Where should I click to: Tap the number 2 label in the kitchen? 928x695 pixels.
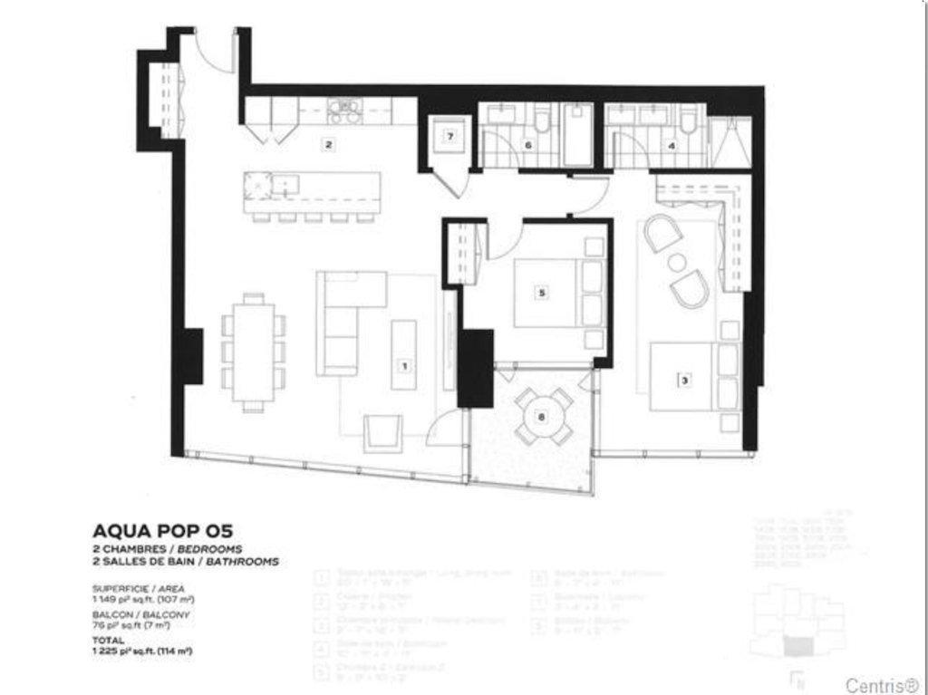point(329,144)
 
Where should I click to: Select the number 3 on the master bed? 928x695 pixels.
point(684,381)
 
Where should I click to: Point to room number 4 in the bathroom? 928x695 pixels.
point(672,144)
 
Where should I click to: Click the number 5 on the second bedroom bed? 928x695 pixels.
point(541,293)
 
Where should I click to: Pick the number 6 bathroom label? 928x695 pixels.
point(527,144)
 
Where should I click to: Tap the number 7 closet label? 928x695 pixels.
point(448,138)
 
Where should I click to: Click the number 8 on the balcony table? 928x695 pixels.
point(541,417)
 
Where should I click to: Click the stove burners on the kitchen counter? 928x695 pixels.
point(344,111)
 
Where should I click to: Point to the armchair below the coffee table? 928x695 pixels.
point(382,432)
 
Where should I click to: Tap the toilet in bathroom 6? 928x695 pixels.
point(543,121)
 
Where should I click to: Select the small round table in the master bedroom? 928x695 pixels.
point(677,263)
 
